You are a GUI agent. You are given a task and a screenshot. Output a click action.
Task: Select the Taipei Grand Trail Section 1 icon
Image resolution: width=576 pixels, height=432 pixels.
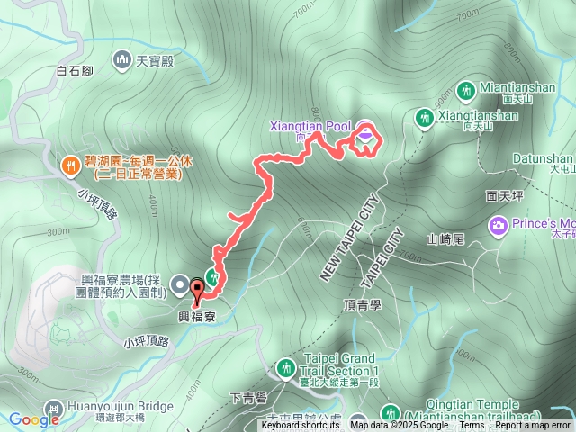point(286,366)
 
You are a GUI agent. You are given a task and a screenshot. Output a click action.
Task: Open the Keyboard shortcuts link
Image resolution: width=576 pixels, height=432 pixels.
point(301,426)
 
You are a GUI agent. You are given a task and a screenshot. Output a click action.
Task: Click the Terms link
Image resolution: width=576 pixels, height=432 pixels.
point(472,426)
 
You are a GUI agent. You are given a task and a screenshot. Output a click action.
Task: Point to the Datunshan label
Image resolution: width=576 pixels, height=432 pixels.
point(543,157)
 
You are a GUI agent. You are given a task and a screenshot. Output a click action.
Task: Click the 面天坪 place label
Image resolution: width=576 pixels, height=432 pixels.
point(504,193)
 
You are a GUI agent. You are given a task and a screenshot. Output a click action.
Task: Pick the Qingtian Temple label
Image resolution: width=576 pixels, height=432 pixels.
point(503,404)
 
